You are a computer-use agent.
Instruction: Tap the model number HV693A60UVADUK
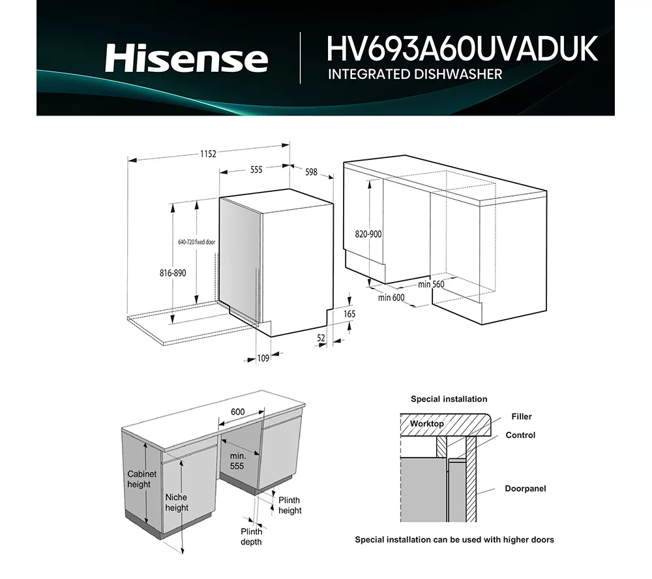click(x=462, y=49)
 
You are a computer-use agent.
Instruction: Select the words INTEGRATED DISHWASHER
click(x=415, y=74)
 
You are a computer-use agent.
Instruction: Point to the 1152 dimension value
click(x=208, y=153)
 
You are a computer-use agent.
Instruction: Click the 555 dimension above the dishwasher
click(x=256, y=170)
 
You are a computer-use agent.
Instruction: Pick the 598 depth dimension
click(x=311, y=172)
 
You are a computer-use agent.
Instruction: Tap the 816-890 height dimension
click(x=173, y=273)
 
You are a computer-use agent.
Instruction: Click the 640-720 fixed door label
click(x=197, y=242)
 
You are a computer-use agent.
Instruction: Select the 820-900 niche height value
click(x=368, y=234)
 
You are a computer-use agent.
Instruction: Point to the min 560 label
click(x=431, y=285)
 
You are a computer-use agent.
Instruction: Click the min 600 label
click(x=391, y=298)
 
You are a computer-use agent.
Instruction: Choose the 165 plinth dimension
click(x=349, y=314)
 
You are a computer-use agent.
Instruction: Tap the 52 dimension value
click(x=321, y=338)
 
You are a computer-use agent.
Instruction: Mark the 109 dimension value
click(x=263, y=358)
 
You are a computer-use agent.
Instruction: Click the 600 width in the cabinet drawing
click(x=237, y=412)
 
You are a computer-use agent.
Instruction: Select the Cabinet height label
click(x=141, y=479)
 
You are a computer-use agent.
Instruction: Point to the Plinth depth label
click(x=251, y=537)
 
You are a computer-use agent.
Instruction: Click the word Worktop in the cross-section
click(x=426, y=424)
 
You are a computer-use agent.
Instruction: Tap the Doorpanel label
click(x=525, y=488)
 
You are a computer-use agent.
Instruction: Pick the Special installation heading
click(x=449, y=399)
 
